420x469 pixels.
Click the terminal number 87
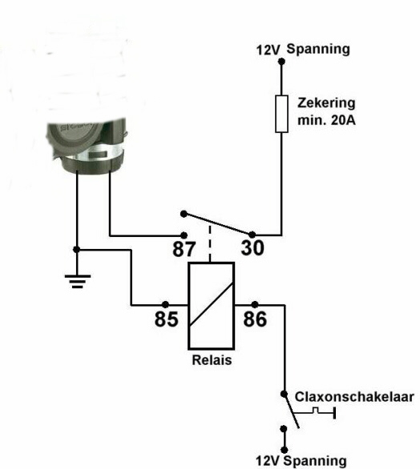coord(184,249)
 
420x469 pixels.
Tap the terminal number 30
coord(252,247)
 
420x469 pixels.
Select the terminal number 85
coord(166,319)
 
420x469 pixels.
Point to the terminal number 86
coord(255,319)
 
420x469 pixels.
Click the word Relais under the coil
coord(212,360)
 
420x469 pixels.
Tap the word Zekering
coord(326,103)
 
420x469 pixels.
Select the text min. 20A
coord(326,120)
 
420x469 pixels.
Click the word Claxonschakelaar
coord(354,397)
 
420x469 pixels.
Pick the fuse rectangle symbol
coord(281,114)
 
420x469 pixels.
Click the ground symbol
coord(77,281)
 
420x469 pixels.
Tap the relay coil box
coord(211,306)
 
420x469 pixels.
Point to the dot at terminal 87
coord(184,235)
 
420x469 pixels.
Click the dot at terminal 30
coord(252,234)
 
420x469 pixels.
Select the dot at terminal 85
coord(165,305)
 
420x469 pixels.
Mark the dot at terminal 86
coord(255,305)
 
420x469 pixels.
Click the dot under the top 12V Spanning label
coord(281,62)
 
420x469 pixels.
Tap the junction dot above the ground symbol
coord(77,250)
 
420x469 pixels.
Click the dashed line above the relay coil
coord(210,244)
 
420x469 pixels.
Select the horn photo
coord(87,146)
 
